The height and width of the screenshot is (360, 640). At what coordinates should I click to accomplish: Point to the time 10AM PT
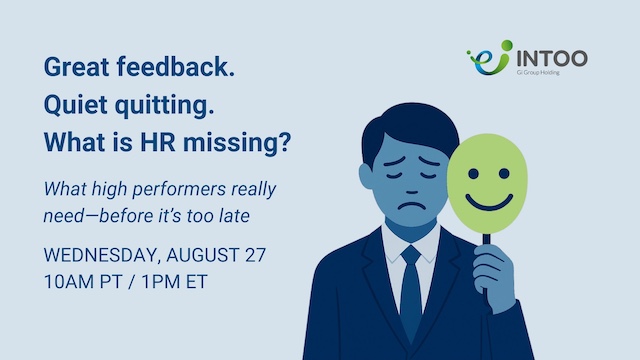pos(86,281)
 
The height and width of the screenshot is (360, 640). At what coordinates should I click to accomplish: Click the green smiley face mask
pos(488,182)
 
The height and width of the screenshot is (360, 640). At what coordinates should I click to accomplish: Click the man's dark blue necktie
pos(411,290)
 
